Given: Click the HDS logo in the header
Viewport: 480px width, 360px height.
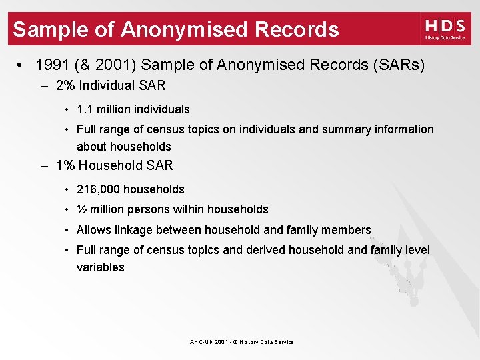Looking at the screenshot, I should pos(445,29).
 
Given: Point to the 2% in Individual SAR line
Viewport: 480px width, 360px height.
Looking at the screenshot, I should pos(66,85).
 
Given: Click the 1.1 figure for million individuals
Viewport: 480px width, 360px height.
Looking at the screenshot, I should pos(86,109).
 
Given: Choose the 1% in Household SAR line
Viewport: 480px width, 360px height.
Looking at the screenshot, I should pos(66,165).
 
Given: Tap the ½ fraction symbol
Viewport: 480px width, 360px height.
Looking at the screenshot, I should pos(81,209).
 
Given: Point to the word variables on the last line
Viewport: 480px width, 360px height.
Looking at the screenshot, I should pos(100,267).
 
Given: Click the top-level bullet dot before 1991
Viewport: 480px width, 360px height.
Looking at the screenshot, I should pos(22,65).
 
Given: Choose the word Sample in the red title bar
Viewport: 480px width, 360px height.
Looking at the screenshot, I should pos(49,29).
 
